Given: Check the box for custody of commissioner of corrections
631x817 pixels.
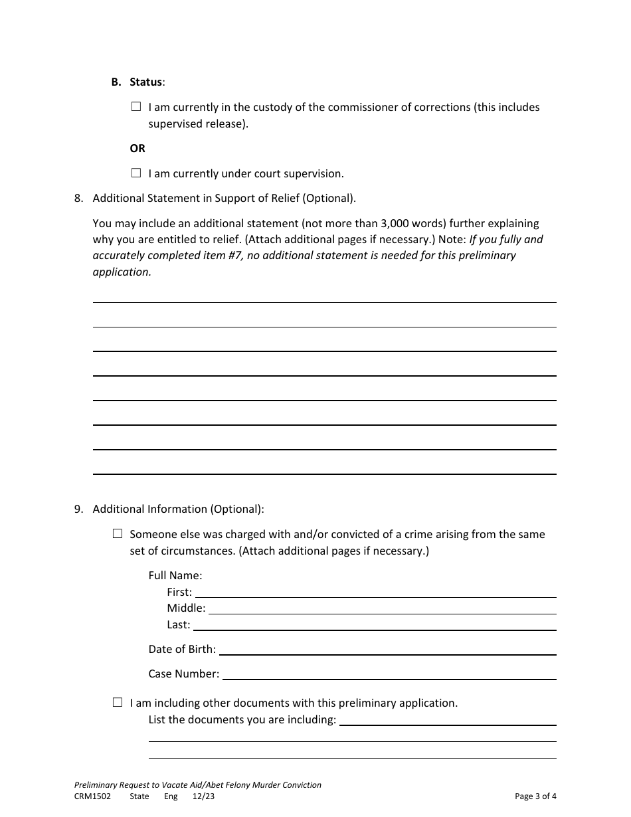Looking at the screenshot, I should [136, 107].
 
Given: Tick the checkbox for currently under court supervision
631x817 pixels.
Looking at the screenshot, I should [136, 173].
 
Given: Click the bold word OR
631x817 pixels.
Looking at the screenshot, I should [137, 148].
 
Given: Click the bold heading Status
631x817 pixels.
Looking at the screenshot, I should [145, 82].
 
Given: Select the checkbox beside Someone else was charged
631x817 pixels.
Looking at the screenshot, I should [118, 534].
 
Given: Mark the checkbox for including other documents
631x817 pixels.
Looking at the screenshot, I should [118, 703].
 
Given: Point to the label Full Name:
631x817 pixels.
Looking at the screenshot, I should [175, 575].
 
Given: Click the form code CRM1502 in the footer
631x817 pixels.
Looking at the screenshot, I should [92, 796].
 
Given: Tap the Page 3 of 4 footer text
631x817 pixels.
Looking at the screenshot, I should [535, 796].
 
